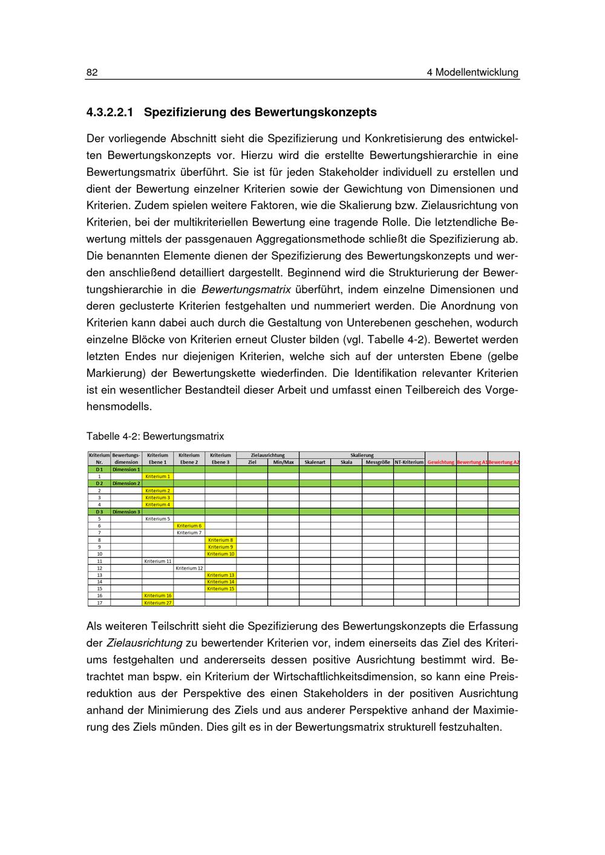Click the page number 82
[92, 73]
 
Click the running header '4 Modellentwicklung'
[473, 73]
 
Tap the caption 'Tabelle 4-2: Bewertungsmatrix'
[155, 436]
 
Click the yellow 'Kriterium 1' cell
[157, 476]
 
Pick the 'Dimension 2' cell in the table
[126, 484]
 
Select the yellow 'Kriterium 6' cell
[189, 526]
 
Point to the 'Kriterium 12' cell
[189, 568]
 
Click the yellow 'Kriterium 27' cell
[157, 603]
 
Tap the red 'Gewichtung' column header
[440, 463]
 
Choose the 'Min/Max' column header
[283, 463]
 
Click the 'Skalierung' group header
[362, 455]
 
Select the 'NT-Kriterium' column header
[409, 463]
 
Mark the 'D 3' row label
[99, 512]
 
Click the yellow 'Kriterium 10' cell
[220, 554]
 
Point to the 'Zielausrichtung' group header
[267, 455]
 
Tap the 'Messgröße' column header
[378, 463]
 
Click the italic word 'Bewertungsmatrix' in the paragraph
[246, 290]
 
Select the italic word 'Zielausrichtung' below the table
[145, 643]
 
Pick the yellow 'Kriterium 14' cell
[220, 582]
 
